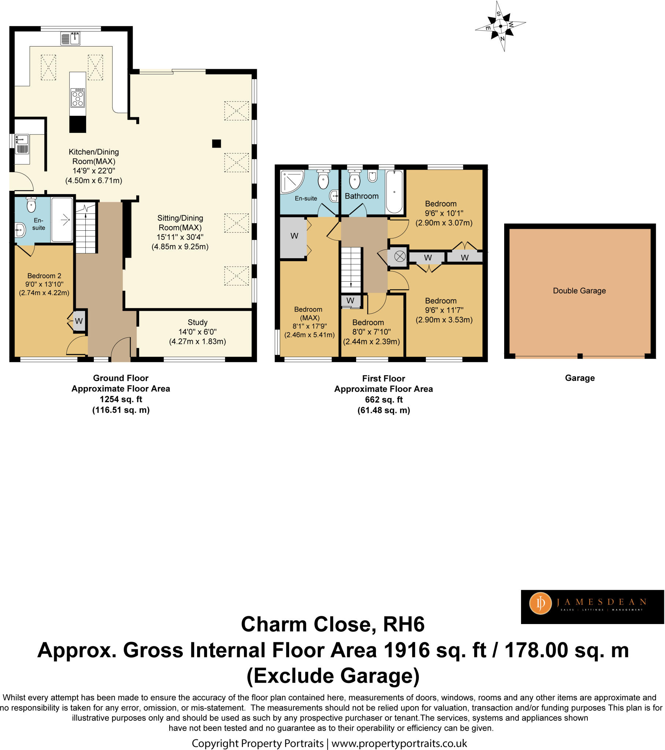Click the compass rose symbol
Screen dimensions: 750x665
tap(500, 26)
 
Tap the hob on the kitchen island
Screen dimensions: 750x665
tap(78, 98)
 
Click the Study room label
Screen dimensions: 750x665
tap(197, 322)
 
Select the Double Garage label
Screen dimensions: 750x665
tap(579, 291)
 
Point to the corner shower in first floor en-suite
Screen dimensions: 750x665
tap(292, 181)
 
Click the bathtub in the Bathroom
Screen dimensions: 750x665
tap(394, 192)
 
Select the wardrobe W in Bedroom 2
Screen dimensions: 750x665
tap(78, 322)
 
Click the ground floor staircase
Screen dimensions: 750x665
tap(86, 228)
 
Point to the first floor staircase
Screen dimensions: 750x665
tap(351, 270)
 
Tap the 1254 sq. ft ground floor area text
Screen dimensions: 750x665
tap(121, 399)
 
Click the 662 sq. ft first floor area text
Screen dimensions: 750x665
tap(384, 400)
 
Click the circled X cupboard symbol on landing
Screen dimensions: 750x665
tap(399, 256)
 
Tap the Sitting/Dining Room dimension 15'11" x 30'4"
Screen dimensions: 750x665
tap(180, 237)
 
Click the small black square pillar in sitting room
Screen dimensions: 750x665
tap(217, 144)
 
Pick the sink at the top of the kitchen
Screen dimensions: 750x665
tap(70, 38)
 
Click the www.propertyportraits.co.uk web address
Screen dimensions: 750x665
tap(399, 743)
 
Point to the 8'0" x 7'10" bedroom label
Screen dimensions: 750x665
tap(371, 332)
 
